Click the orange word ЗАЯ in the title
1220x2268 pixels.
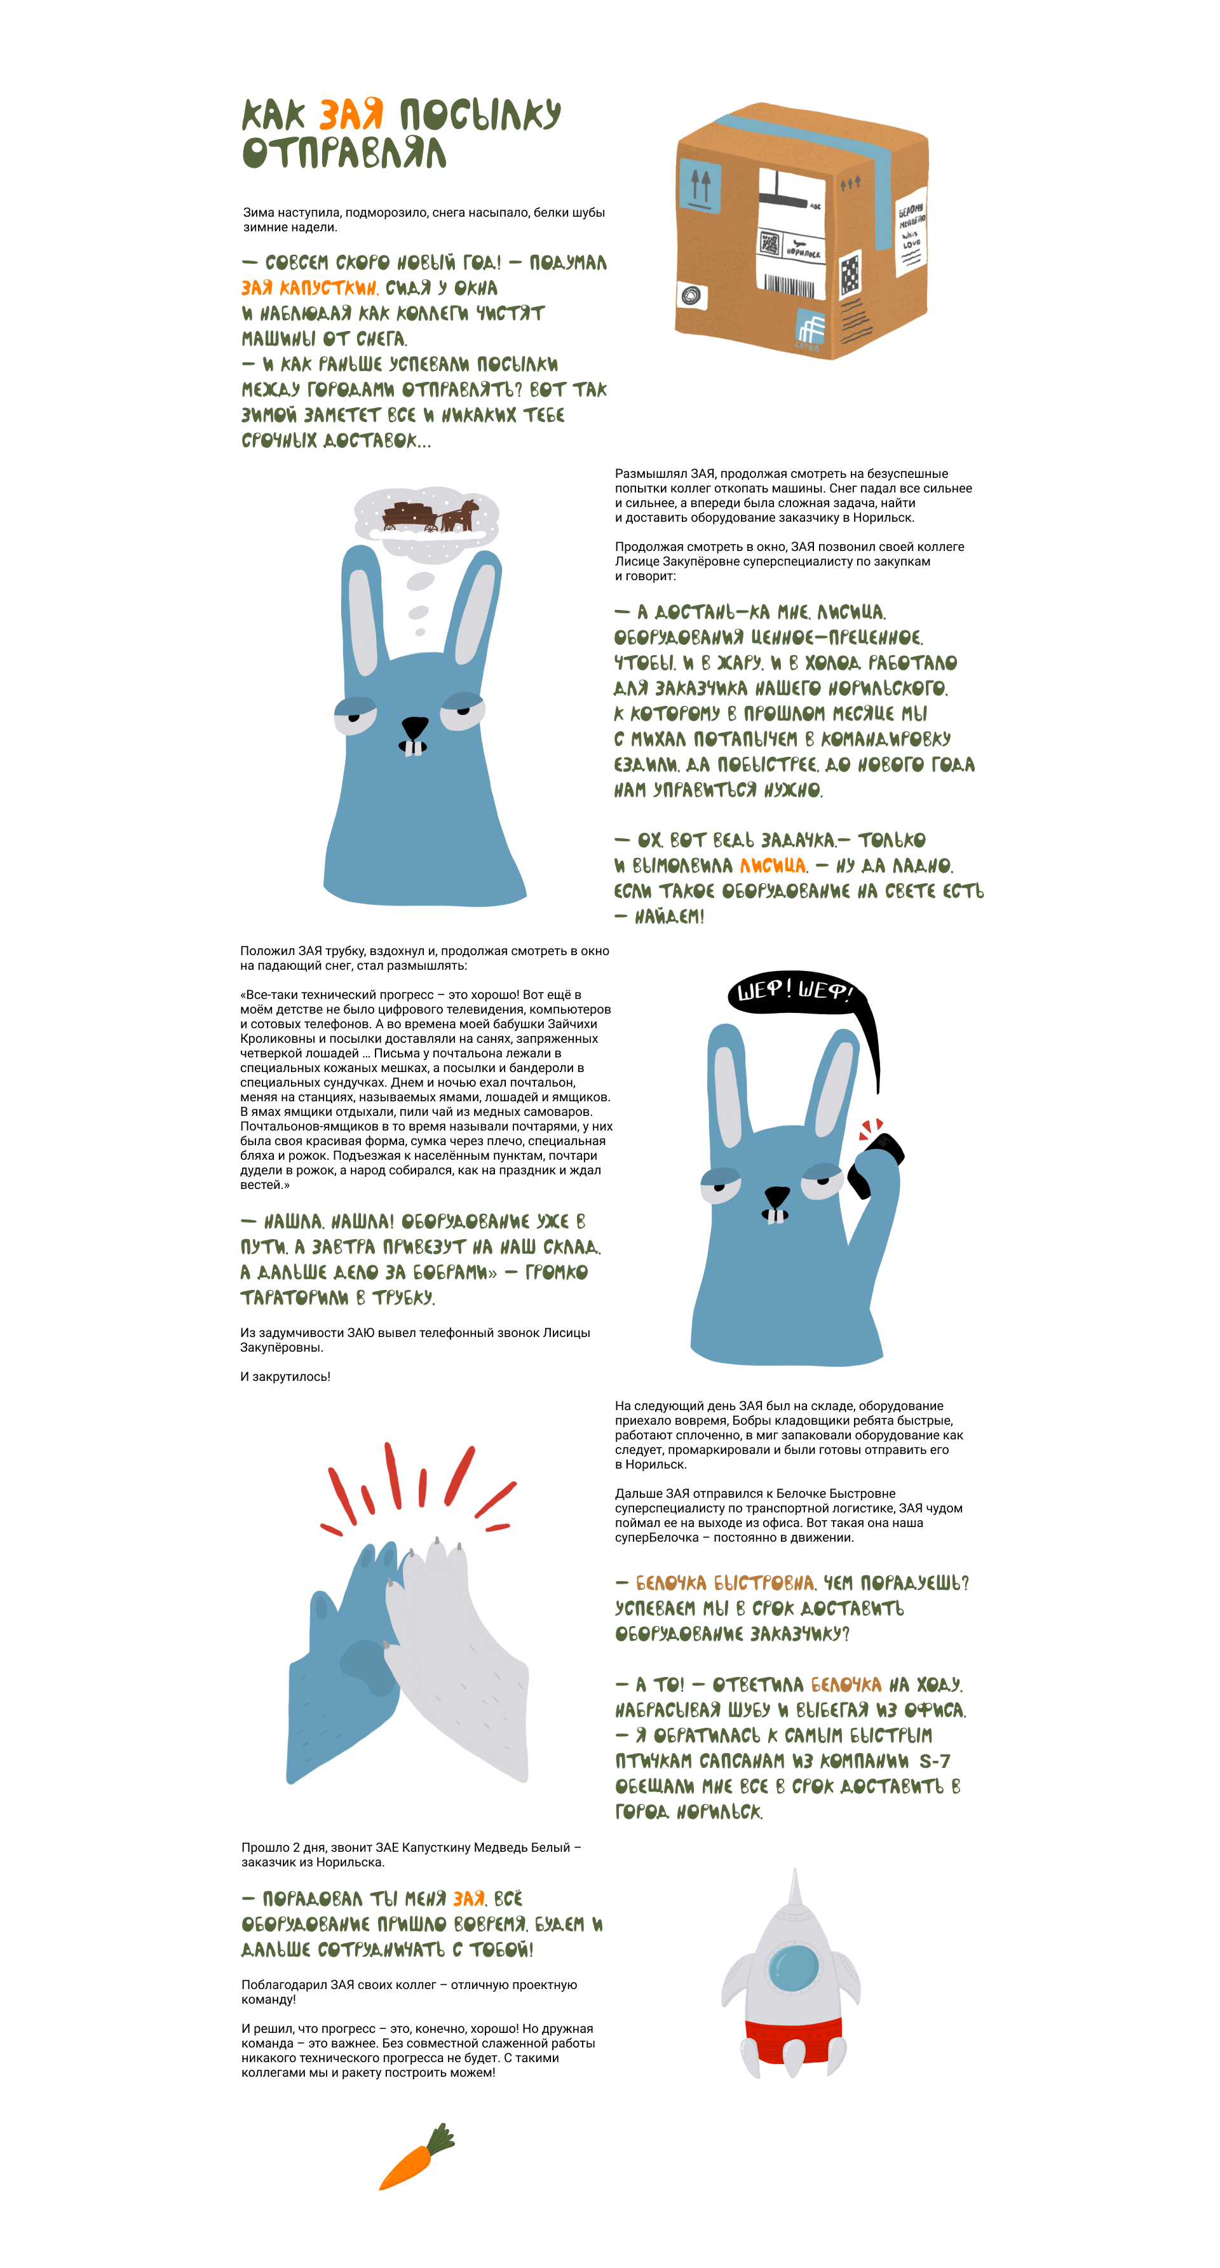click(351, 114)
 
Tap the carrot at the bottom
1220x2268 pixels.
click(416, 2156)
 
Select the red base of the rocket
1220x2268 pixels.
click(793, 2042)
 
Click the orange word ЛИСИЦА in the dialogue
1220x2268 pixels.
click(772, 866)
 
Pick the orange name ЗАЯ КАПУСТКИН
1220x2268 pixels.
click(309, 288)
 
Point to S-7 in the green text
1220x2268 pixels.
click(934, 1761)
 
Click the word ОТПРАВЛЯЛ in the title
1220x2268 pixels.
click(344, 153)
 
